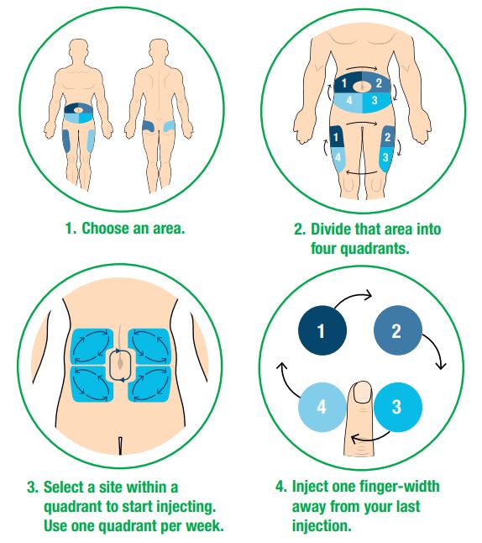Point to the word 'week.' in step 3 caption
pos(206,526)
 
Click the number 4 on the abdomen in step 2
pos(347,100)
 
